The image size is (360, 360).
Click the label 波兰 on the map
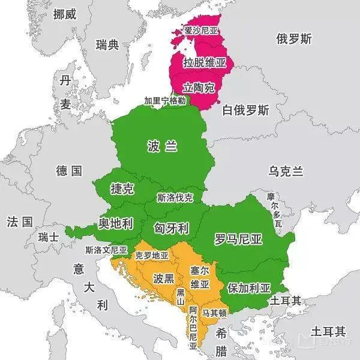tap(163, 146)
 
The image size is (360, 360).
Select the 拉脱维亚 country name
tap(205, 62)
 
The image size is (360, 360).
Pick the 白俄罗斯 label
tap(245, 110)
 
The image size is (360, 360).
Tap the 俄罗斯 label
tap(294, 40)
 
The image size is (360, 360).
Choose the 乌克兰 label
tap(286, 172)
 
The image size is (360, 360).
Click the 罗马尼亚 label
tap(238, 239)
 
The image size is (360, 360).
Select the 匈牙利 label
tap(172, 229)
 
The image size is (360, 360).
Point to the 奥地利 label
tap(115, 224)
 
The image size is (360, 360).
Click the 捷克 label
tap(122, 188)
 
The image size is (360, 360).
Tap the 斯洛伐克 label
tap(175, 197)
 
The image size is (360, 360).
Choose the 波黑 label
tap(163, 278)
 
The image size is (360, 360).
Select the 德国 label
tap(69, 171)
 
